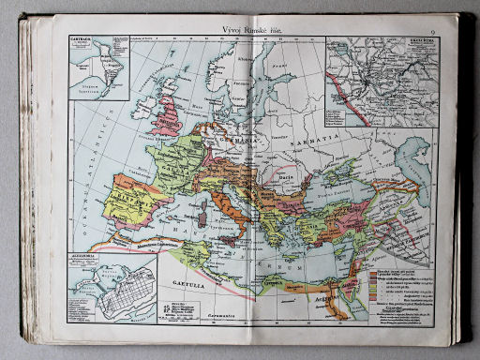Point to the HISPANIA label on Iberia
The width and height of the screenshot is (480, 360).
tap(131, 198)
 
